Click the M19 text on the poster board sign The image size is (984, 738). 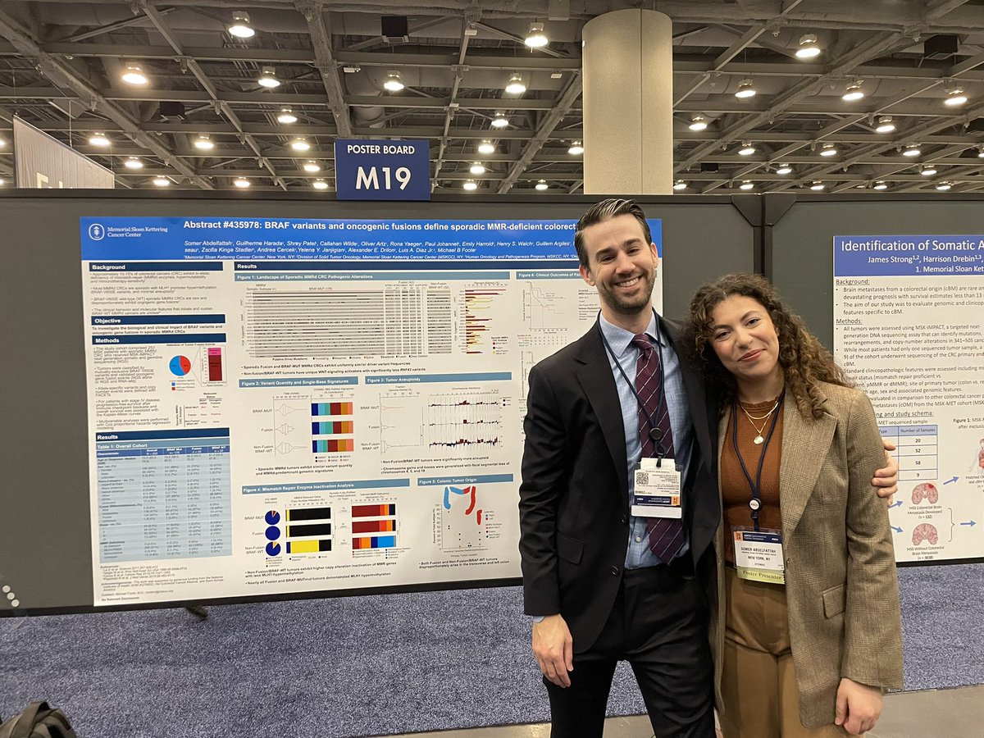coord(381,178)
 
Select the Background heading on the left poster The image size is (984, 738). coord(109,267)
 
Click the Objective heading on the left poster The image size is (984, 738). coord(107,320)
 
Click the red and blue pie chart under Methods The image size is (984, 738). coord(180,366)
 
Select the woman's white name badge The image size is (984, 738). coord(758,549)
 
